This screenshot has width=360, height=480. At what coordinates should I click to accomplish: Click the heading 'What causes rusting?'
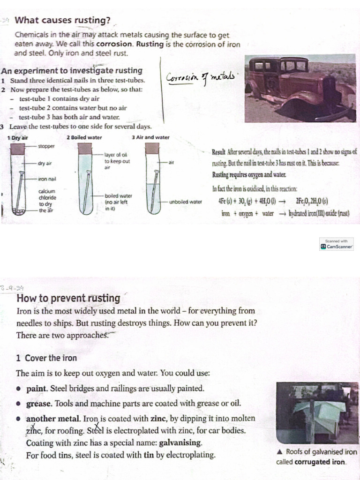click(x=63, y=21)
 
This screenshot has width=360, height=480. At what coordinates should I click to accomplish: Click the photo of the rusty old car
click(x=300, y=89)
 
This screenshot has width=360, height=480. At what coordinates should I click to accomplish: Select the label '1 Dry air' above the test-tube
click(x=18, y=138)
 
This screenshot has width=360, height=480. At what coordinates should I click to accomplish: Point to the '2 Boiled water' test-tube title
click(x=84, y=138)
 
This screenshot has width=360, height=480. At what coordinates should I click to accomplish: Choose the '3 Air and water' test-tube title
click(x=150, y=138)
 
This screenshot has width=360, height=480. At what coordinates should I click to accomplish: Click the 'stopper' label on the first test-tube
click(x=46, y=146)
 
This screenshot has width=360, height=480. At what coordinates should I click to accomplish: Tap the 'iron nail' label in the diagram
click(x=47, y=179)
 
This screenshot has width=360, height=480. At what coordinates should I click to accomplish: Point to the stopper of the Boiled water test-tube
click(x=85, y=149)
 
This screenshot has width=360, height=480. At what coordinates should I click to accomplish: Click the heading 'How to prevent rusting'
click(x=68, y=298)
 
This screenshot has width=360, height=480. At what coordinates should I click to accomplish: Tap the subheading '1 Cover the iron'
click(x=46, y=358)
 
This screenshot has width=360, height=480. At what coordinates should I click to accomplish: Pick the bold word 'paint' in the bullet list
click(x=37, y=389)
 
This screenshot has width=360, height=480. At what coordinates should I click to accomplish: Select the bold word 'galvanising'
click(x=180, y=442)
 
